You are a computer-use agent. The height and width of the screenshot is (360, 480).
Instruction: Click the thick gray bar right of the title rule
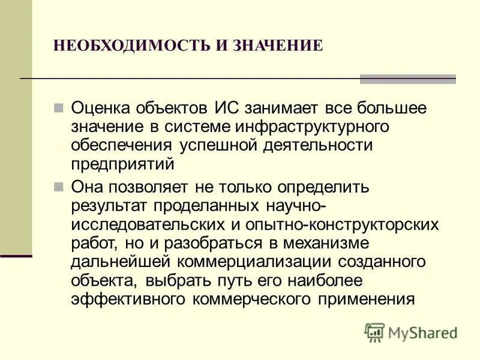[x=407, y=79]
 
